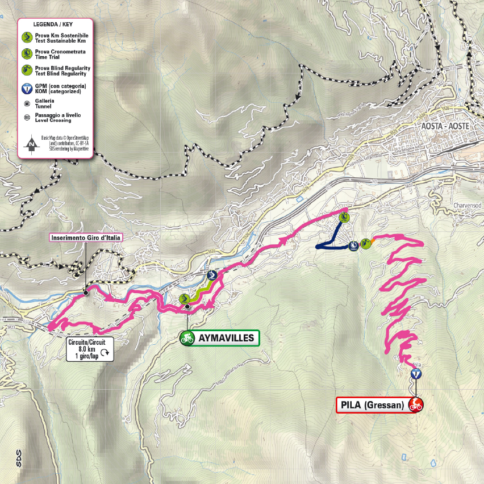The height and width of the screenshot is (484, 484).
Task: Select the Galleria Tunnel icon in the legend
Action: pos(26,103)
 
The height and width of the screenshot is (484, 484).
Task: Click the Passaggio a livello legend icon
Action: pos(26,118)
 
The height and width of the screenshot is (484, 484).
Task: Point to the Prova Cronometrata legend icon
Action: pos(26,54)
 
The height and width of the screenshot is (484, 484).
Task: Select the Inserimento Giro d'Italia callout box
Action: pos(86,238)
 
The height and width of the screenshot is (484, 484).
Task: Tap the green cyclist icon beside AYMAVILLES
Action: pos(187,339)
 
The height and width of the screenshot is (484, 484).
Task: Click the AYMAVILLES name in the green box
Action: pos(226,339)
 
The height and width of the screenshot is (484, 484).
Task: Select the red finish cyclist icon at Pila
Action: pos(416,405)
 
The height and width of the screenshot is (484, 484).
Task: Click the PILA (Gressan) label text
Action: pos(373,405)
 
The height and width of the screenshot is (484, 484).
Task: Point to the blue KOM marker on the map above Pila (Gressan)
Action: pos(416,374)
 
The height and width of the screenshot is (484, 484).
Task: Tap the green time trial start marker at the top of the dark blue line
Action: pos(344,216)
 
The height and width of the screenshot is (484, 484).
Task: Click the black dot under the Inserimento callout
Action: pos(86,293)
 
